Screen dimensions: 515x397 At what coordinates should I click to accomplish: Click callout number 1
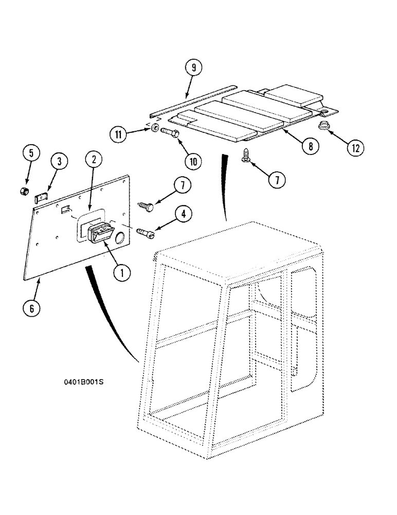(122, 272)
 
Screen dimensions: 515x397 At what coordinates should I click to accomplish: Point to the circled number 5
(31, 153)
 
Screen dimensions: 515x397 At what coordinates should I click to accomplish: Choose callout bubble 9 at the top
(194, 67)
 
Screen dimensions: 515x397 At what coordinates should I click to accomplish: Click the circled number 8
(309, 146)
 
